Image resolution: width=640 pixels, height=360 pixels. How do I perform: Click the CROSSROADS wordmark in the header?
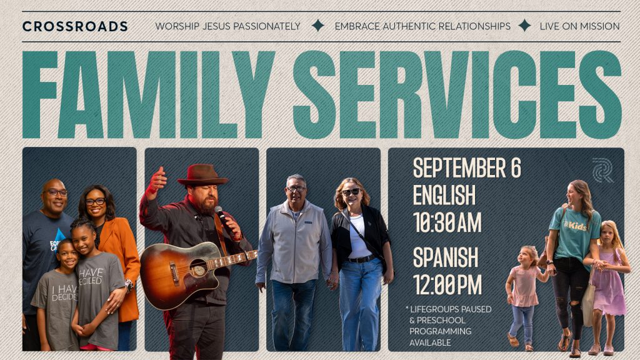[75, 26]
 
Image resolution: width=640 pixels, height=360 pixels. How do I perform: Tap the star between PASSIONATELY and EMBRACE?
[317, 26]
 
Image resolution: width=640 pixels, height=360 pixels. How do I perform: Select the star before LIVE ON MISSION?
[524, 26]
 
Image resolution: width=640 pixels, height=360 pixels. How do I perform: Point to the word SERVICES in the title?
[457, 95]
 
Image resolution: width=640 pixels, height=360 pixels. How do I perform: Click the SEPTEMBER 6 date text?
[467, 167]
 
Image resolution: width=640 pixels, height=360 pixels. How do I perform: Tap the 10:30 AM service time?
[447, 222]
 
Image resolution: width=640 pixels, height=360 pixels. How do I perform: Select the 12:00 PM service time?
[447, 284]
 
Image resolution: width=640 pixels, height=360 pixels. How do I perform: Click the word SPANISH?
[445, 257]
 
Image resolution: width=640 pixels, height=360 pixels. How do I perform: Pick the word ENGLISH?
[444, 195]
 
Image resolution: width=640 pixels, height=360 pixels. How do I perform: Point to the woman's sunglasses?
[351, 192]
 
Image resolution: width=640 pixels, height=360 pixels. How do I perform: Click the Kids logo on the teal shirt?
[576, 225]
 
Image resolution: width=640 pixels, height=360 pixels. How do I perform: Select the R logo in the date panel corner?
[603, 170]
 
